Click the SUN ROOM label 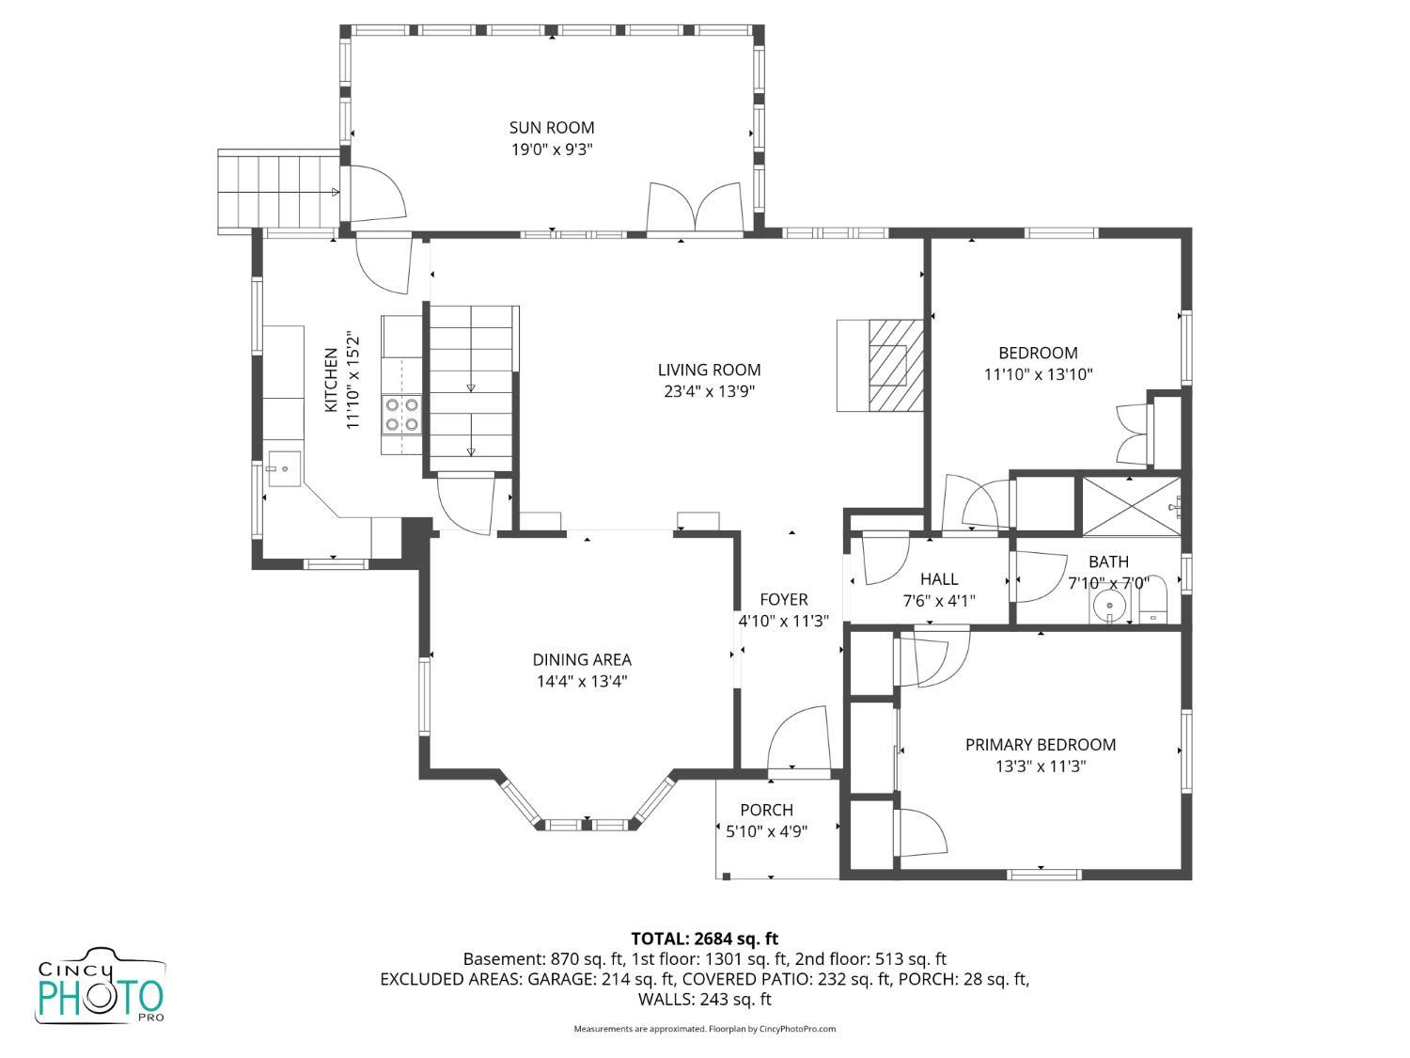pos(551,128)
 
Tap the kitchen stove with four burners pos(401,415)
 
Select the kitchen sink pos(284,468)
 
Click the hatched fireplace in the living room pos(896,365)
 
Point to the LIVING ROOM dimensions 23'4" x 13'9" pos(709,391)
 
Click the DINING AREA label pos(581,659)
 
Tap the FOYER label pos(783,599)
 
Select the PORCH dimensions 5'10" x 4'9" pos(766,831)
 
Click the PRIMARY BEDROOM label pos(1040,745)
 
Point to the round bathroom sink pos(1108,606)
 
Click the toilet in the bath pos(1152,600)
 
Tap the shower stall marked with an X pos(1131,506)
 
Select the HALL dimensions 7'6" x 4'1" pos(938,601)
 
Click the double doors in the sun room pos(695,206)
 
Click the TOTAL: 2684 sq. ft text pos(705,940)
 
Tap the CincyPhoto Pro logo pos(101,986)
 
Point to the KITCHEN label pos(331,380)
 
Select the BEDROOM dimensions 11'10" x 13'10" pos(1038,374)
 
